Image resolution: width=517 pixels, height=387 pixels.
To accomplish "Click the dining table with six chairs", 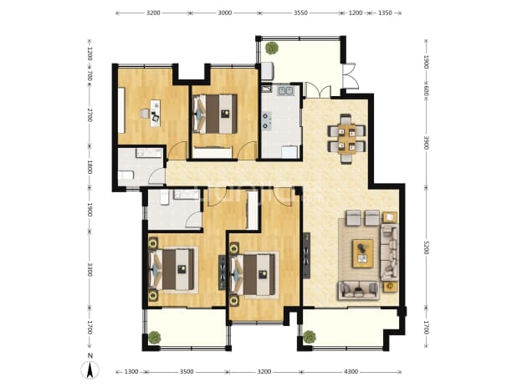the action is (346, 139).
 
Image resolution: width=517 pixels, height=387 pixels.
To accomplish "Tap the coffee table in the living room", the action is (363, 253).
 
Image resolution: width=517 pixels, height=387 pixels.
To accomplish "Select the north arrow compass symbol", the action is (90, 369).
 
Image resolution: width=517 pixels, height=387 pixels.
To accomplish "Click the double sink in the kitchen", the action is (285, 90).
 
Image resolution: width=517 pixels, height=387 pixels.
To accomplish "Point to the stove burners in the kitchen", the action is (266, 120).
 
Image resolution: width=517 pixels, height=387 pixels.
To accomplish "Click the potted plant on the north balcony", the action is (272, 48).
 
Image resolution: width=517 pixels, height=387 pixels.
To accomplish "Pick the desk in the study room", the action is (155, 113).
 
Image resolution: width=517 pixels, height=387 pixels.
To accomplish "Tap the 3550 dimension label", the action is (300, 13).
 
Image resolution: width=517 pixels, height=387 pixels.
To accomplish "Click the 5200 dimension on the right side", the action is (426, 247).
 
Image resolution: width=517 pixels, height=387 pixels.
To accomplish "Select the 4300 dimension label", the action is (351, 372).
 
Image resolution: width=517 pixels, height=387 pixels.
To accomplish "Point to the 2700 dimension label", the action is (90, 115).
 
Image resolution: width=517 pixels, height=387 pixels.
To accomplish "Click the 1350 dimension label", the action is (385, 13).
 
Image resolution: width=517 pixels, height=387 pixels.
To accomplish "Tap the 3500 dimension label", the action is (187, 372).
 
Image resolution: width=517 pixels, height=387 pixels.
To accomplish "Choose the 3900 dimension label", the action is (426, 142).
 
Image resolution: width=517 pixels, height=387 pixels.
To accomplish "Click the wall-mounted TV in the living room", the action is (307, 255).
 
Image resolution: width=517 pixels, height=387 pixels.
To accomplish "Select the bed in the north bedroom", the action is (215, 114).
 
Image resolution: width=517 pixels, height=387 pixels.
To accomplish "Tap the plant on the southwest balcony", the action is (154, 337).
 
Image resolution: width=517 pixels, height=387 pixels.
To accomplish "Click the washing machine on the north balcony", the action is (268, 71).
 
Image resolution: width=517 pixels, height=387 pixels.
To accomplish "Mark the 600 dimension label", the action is (426, 90).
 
